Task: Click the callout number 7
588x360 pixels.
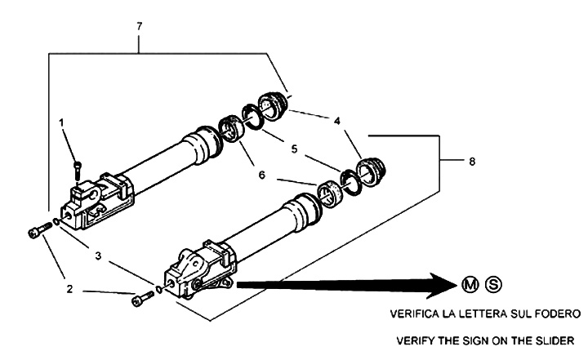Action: click(140, 27)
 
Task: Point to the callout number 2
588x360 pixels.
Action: click(69, 288)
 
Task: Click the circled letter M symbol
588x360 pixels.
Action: click(470, 284)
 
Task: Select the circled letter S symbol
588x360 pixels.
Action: click(492, 284)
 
